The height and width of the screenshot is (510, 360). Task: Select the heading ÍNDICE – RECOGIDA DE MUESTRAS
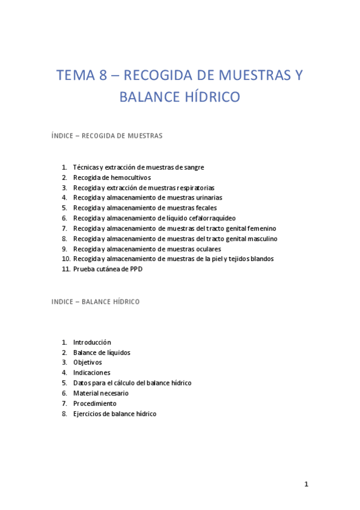tap(107, 136)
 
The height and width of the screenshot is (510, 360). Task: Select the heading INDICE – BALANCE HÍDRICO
tap(96, 301)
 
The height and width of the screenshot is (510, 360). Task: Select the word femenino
tap(260, 229)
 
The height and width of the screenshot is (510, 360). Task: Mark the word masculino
tap(260, 239)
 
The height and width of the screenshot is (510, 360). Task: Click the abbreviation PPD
tap(135, 269)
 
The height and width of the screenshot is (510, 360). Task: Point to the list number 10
tap(66, 259)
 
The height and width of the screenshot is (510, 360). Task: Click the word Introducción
tap(92, 342)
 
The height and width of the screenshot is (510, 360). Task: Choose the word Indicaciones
tap(91, 373)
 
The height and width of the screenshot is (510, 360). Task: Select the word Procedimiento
tap(95, 404)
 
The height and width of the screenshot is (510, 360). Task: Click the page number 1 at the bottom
tap(306, 484)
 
